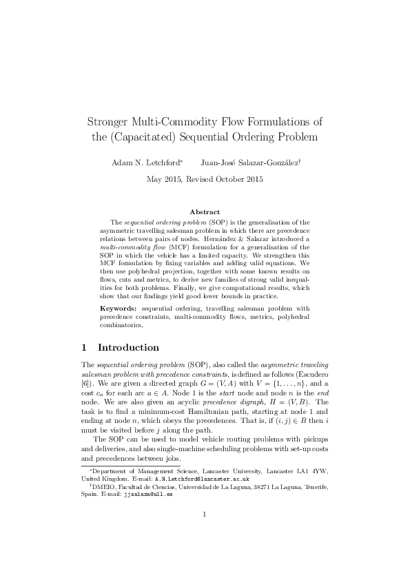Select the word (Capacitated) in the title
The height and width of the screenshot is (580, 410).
[141, 137]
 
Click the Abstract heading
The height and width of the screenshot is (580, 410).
[205, 211]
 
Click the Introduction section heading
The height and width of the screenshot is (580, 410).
[129, 347]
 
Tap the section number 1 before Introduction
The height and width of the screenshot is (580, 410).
[84, 347]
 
